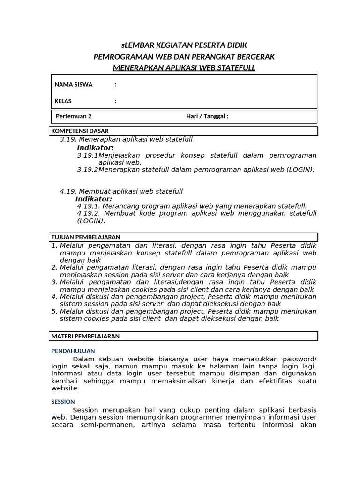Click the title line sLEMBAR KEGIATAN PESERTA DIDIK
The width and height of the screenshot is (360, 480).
click(184, 45)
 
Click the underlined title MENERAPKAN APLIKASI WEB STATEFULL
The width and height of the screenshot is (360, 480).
click(184, 68)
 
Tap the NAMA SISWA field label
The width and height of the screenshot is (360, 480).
click(74, 85)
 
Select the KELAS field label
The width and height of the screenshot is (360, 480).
click(63, 101)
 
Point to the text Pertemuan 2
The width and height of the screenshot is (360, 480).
click(74, 117)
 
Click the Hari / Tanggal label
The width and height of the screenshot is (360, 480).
click(207, 117)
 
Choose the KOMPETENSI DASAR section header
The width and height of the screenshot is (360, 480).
click(80, 131)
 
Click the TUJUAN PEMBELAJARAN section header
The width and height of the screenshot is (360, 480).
click(86, 237)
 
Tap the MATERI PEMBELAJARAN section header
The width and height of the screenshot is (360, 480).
click(85, 336)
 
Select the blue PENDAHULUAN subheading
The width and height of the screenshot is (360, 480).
click(73, 351)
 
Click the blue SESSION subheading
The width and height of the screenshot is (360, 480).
click(63, 402)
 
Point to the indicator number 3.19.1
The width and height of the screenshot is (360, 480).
click(88, 155)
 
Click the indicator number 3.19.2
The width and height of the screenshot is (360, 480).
click(88, 170)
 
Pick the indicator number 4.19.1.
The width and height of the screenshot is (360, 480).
click(89, 206)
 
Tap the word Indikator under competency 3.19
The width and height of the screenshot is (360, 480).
click(96, 148)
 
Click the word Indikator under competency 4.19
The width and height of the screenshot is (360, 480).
click(94, 199)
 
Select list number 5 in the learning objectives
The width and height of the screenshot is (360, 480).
click(54, 311)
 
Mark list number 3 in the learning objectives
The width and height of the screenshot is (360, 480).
click(54, 282)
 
